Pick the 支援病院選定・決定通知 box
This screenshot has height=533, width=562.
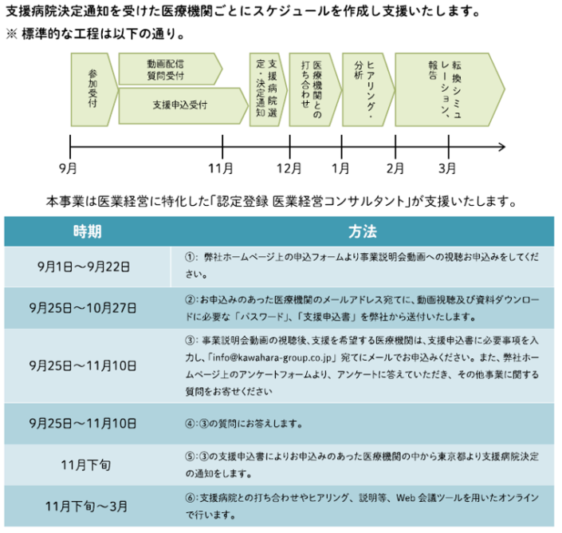(x=268, y=89)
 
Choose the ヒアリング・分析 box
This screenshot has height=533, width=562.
(x=367, y=89)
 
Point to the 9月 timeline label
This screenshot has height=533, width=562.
(x=68, y=168)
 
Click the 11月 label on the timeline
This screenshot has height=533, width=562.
(x=221, y=168)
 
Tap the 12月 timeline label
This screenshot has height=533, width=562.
(x=289, y=168)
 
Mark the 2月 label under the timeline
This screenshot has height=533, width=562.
(x=395, y=168)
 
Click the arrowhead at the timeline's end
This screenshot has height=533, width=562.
(x=502, y=147)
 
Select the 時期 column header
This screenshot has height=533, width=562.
(x=88, y=231)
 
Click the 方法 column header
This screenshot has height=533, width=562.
(x=363, y=231)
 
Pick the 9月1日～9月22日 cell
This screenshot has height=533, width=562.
(x=84, y=266)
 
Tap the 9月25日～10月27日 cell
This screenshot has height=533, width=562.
(x=83, y=308)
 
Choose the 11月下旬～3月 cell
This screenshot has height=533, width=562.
(x=86, y=507)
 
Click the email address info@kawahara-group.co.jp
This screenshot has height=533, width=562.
(x=274, y=358)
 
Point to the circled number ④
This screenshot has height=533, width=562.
(x=190, y=424)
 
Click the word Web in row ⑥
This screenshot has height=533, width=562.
(x=406, y=498)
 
